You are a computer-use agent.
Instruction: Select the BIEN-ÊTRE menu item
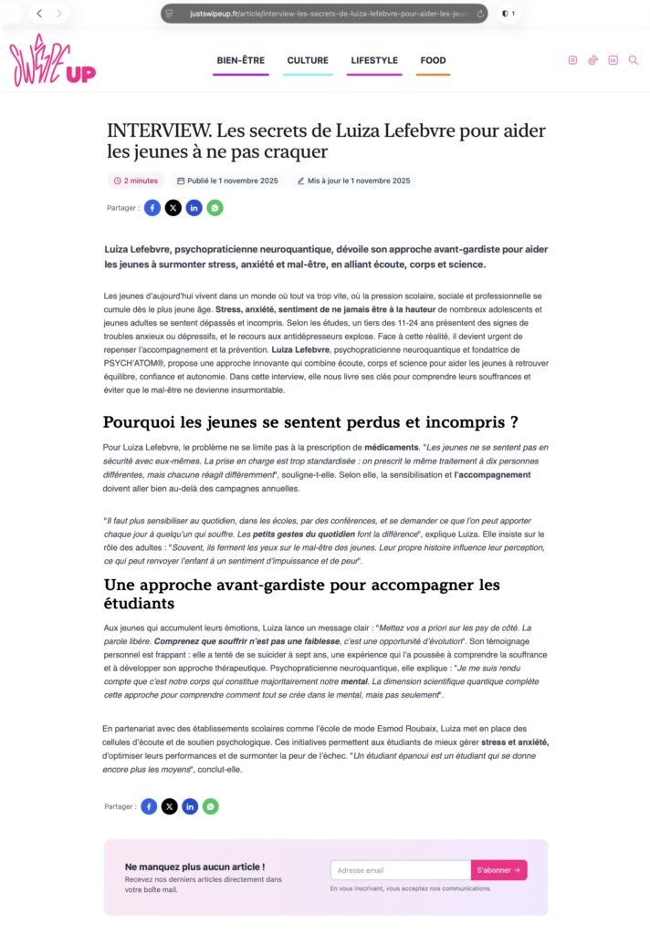[241, 60]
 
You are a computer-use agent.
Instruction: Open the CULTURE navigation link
[308, 60]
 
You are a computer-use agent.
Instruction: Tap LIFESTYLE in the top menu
[374, 60]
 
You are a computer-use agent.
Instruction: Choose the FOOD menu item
[433, 60]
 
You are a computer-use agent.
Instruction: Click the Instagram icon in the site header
[573, 60]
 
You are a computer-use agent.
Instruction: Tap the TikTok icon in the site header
[593, 60]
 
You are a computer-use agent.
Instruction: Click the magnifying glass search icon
[634, 60]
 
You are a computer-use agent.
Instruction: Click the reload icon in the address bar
[480, 14]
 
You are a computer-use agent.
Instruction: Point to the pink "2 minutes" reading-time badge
[136, 181]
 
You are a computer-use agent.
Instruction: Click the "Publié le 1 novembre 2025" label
[227, 181]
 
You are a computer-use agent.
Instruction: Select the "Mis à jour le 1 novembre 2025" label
[353, 181]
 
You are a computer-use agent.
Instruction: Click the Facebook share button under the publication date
[152, 208]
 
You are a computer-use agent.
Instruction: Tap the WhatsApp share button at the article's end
[211, 806]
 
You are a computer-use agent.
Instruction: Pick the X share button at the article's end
[170, 806]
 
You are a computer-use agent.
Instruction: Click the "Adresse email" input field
[400, 870]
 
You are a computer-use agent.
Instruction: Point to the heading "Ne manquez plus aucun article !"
[194, 867]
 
